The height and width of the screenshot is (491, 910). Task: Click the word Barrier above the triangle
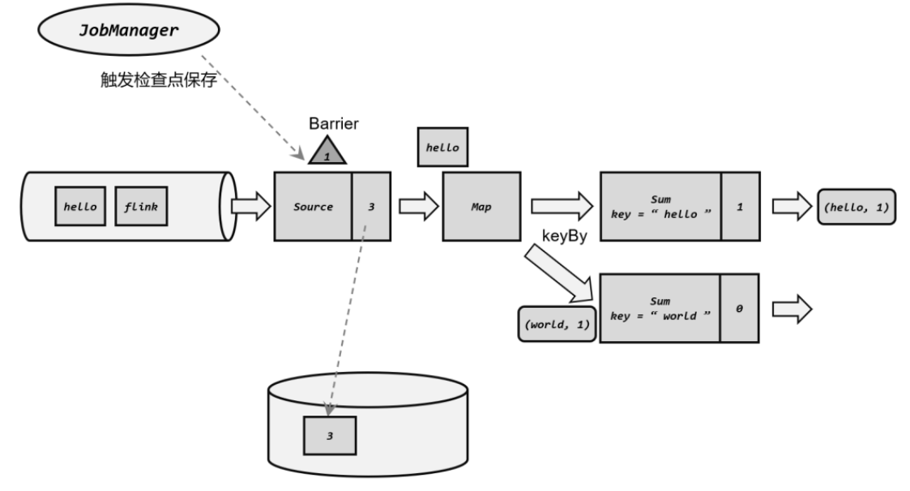pyautogui.click(x=333, y=125)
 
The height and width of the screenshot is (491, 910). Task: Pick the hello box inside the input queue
pyautogui.click(x=80, y=206)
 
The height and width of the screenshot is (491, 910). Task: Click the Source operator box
pyautogui.click(x=313, y=206)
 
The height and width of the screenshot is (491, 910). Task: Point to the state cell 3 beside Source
pyautogui.click(x=371, y=206)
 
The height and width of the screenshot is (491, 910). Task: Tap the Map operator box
pyautogui.click(x=481, y=206)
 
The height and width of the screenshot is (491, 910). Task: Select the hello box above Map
pyautogui.click(x=442, y=148)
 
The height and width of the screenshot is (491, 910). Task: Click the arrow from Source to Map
pyautogui.click(x=418, y=206)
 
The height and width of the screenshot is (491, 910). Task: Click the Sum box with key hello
pyautogui.click(x=660, y=206)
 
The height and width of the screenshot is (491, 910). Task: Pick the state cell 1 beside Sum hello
pyautogui.click(x=740, y=206)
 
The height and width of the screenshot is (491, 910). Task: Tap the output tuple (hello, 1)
pyautogui.click(x=857, y=206)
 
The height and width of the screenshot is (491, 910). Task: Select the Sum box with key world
pyautogui.click(x=660, y=308)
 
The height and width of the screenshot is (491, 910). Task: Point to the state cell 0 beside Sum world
pyautogui.click(x=740, y=308)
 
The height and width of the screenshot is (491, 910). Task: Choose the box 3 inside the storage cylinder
pyautogui.click(x=330, y=435)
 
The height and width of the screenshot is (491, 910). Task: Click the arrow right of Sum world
pyautogui.click(x=790, y=308)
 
